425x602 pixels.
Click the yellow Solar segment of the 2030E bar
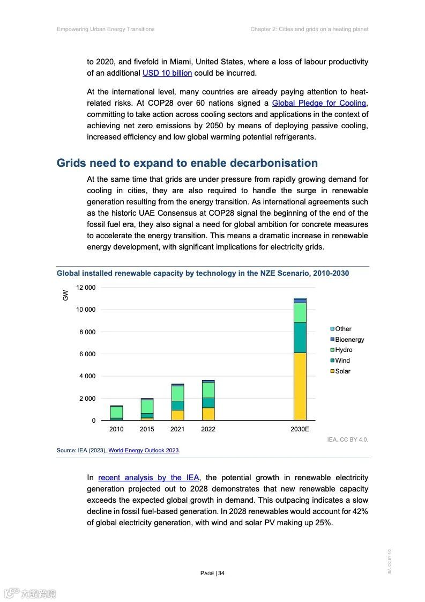pos(300,386)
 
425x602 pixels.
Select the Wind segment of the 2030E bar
pos(300,337)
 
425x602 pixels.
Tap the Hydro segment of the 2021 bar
pos(177,393)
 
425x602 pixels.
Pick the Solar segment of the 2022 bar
pos(208,414)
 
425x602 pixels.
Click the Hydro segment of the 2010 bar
pos(116,412)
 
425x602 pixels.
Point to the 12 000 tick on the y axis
pos(86,288)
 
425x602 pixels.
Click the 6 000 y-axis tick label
pos(86,354)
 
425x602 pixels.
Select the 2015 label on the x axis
pos(147,429)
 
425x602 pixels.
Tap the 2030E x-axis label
pos(300,429)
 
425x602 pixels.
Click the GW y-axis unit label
pos(65,295)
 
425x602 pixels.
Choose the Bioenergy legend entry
pos(349,340)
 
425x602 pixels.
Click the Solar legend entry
pos(342,371)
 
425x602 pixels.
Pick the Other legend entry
pos(343,329)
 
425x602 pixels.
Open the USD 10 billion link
pos(167,73)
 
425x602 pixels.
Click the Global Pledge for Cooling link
pos(319,103)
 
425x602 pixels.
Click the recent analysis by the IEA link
pos(148,478)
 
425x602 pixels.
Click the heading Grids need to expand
pos(187,163)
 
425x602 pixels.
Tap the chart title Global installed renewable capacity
pos(203,273)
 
